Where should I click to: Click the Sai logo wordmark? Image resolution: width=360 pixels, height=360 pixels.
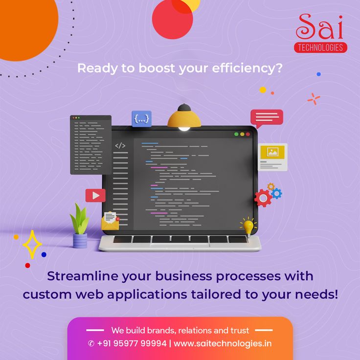tap(321, 28)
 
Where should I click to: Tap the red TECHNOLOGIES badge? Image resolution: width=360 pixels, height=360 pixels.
tap(321, 47)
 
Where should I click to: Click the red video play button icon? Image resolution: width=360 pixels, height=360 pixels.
tap(95, 196)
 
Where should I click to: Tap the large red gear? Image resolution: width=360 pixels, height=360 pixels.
tap(263, 198)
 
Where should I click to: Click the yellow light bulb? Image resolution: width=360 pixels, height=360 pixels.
tap(249, 226)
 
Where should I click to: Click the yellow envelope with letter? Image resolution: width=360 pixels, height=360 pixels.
tap(111, 221)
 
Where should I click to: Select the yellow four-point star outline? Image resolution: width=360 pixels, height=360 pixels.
tap(33, 244)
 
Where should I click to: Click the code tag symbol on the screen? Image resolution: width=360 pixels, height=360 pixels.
tap(120, 145)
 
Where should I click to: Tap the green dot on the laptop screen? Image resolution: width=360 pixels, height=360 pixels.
tap(249, 134)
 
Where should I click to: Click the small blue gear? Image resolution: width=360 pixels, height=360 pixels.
tap(276, 193)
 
